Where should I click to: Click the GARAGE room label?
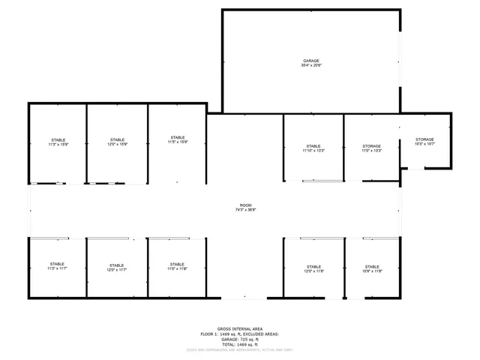coord(311,61)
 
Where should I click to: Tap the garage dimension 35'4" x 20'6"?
coord(311,66)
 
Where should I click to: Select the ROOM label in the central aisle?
coord(246,205)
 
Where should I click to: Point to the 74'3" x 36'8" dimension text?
coord(246,211)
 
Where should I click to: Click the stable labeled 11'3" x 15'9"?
coord(58,142)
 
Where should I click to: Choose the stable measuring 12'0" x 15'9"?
coord(117,142)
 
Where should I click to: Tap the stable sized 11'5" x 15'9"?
coord(178,140)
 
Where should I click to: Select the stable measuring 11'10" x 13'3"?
coord(313,148)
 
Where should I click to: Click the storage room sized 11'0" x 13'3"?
coord(372,148)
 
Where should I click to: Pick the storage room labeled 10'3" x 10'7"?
coord(425,142)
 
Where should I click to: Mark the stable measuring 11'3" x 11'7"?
coord(58,267)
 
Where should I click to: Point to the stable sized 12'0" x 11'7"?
coord(116,268)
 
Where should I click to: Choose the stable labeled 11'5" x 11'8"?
coord(178,267)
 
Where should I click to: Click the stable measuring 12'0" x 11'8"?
coord(313,269)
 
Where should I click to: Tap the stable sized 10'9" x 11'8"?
coord(373,269)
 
